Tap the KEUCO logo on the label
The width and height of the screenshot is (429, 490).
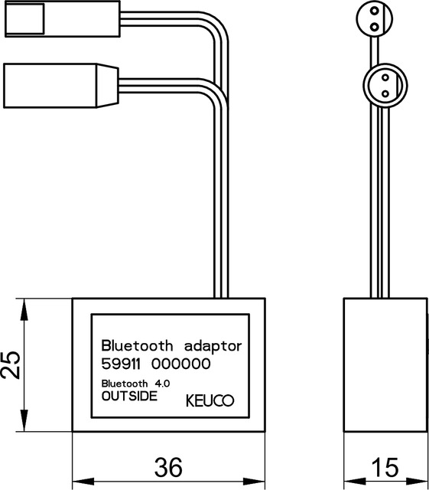(210, 400)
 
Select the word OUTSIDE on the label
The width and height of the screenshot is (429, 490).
(129, 397)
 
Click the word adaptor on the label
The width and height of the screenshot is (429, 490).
(208, 345)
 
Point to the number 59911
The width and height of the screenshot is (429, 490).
(123, 364)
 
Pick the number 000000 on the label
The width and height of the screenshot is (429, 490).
(182, 364)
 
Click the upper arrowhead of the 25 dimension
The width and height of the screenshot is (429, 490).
(26, 305)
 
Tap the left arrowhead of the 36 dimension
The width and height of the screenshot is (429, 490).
(79, 483)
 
